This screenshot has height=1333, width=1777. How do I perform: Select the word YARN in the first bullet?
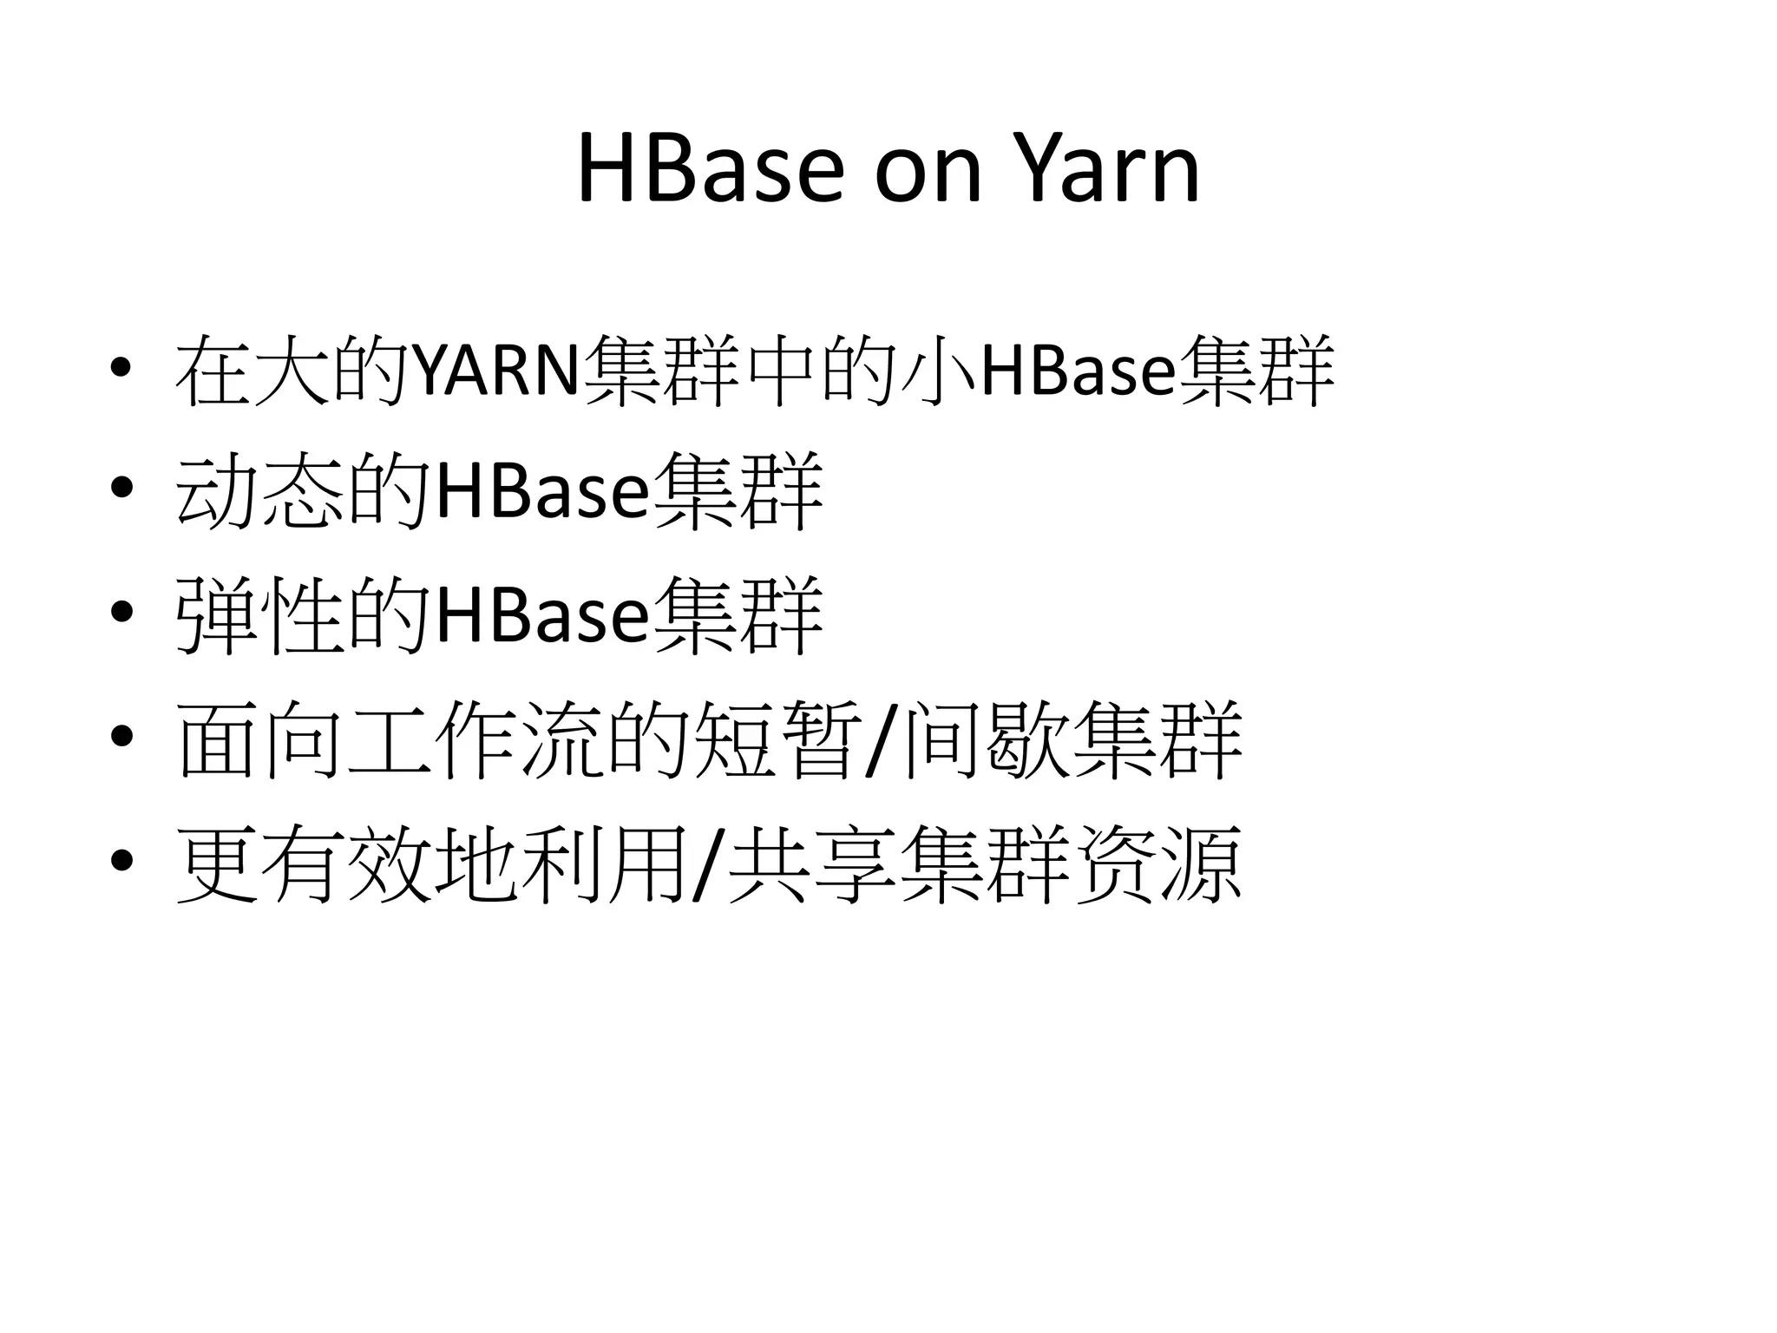[x=495, y=371]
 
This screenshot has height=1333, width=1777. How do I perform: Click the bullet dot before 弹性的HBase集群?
[x=122, y=612]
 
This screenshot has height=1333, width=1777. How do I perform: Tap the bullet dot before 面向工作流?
[x=122, y=737]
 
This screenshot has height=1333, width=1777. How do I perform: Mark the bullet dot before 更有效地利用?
[x=122, y=860]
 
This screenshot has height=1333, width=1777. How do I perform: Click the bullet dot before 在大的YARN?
[x=122, y=365]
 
